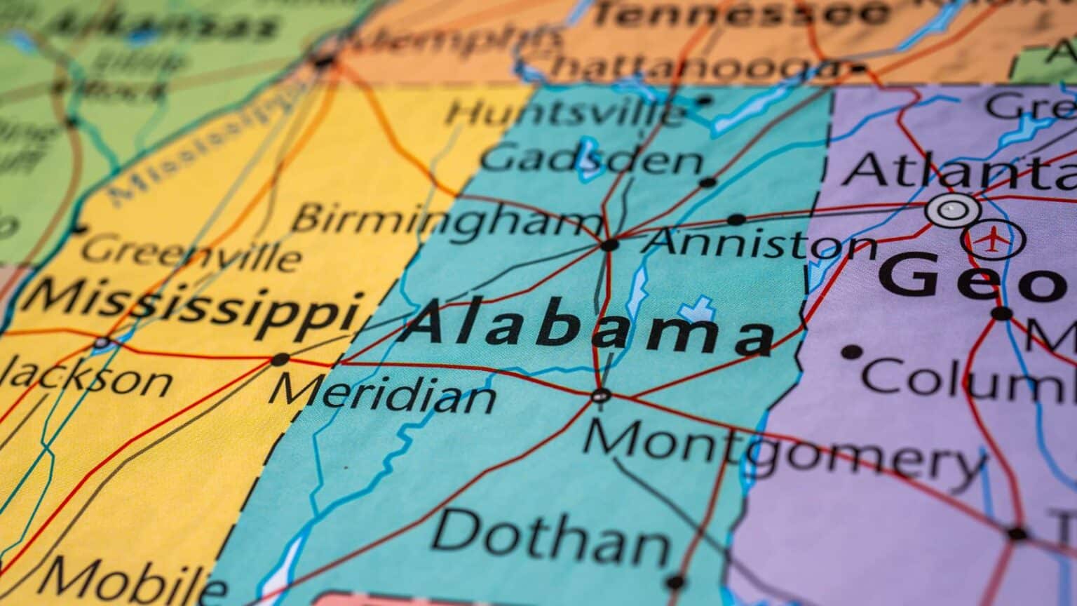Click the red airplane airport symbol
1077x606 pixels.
tap(993, 240)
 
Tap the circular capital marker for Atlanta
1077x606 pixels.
tap(952, 209)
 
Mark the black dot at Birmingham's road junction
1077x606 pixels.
tap(609, 245)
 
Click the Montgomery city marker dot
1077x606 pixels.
tap(600, 396)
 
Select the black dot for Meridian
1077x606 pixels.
tap(280, 360)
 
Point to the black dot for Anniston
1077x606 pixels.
tap(736, 220)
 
